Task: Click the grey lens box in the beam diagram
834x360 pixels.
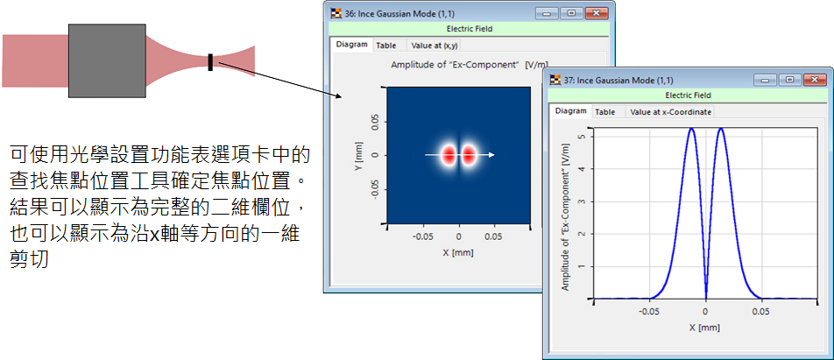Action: click(x=107, y=60)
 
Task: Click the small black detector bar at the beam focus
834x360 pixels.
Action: click(x=210, y=61)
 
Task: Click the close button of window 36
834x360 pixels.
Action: click(x=597, y=13)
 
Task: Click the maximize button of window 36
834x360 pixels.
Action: click(x=572, y=13)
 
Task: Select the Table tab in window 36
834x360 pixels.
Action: click(x=386, y=46)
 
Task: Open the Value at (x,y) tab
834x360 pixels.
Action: click(x=435, y=46)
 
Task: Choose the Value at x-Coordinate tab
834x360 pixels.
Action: click(x=670, y=112)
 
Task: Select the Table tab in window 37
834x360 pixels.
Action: click(x=604, y=112)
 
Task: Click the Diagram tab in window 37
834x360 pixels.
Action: click(x=570, y=111)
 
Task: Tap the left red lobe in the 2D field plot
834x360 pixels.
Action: click(x=449, y=155)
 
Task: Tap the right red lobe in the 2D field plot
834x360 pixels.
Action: click(x=468, y=155)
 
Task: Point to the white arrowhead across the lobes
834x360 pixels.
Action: click(x=492, y=155)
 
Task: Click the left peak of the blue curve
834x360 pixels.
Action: click(x=691, y=130)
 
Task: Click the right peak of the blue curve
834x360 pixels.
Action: click(x=721, y=130)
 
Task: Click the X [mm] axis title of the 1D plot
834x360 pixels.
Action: click(x=705, y=328)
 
